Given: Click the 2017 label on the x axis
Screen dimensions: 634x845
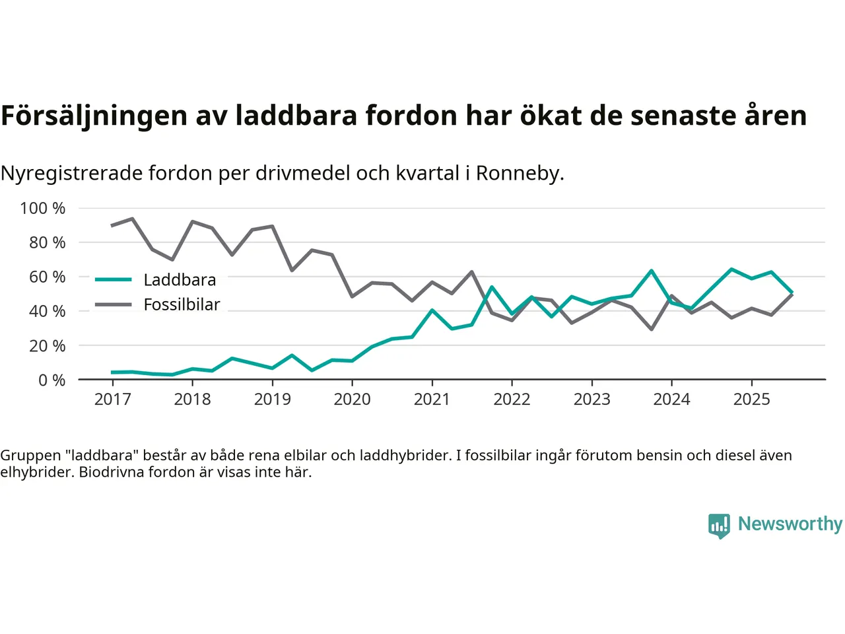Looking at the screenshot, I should [x=112, y=399].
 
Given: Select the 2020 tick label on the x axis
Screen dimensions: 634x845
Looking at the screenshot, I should [x=352, y=399].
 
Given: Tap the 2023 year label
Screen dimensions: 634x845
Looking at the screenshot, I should [x=591, y=399].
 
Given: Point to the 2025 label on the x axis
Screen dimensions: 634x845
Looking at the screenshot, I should [x=751, y=399].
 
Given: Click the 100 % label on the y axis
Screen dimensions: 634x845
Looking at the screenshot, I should [x=43, y=209].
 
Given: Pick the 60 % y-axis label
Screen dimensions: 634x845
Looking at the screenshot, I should [x=47, y=277].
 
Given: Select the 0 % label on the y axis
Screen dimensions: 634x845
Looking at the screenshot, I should [x=51, y=380].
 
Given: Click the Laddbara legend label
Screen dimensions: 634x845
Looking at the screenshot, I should [x=180, y=280].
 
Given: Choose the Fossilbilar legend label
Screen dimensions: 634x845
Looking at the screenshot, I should [x=182, y=304].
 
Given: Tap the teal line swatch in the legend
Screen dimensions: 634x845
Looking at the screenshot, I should [x=114, y=280].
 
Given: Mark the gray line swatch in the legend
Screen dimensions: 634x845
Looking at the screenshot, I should [x=114, y=304].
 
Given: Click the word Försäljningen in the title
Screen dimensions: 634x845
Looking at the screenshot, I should [x=94, y=116].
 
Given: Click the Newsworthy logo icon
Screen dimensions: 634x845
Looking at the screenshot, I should [x=719, y=526].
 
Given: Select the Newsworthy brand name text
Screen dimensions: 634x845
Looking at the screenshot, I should [x=790, y=524].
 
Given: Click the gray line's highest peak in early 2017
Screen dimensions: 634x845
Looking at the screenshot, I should [x=132, y=219].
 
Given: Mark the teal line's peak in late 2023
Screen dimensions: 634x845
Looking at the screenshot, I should [x=652, y=271].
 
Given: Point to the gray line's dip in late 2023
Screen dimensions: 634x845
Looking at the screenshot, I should [x=652, y=329].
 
